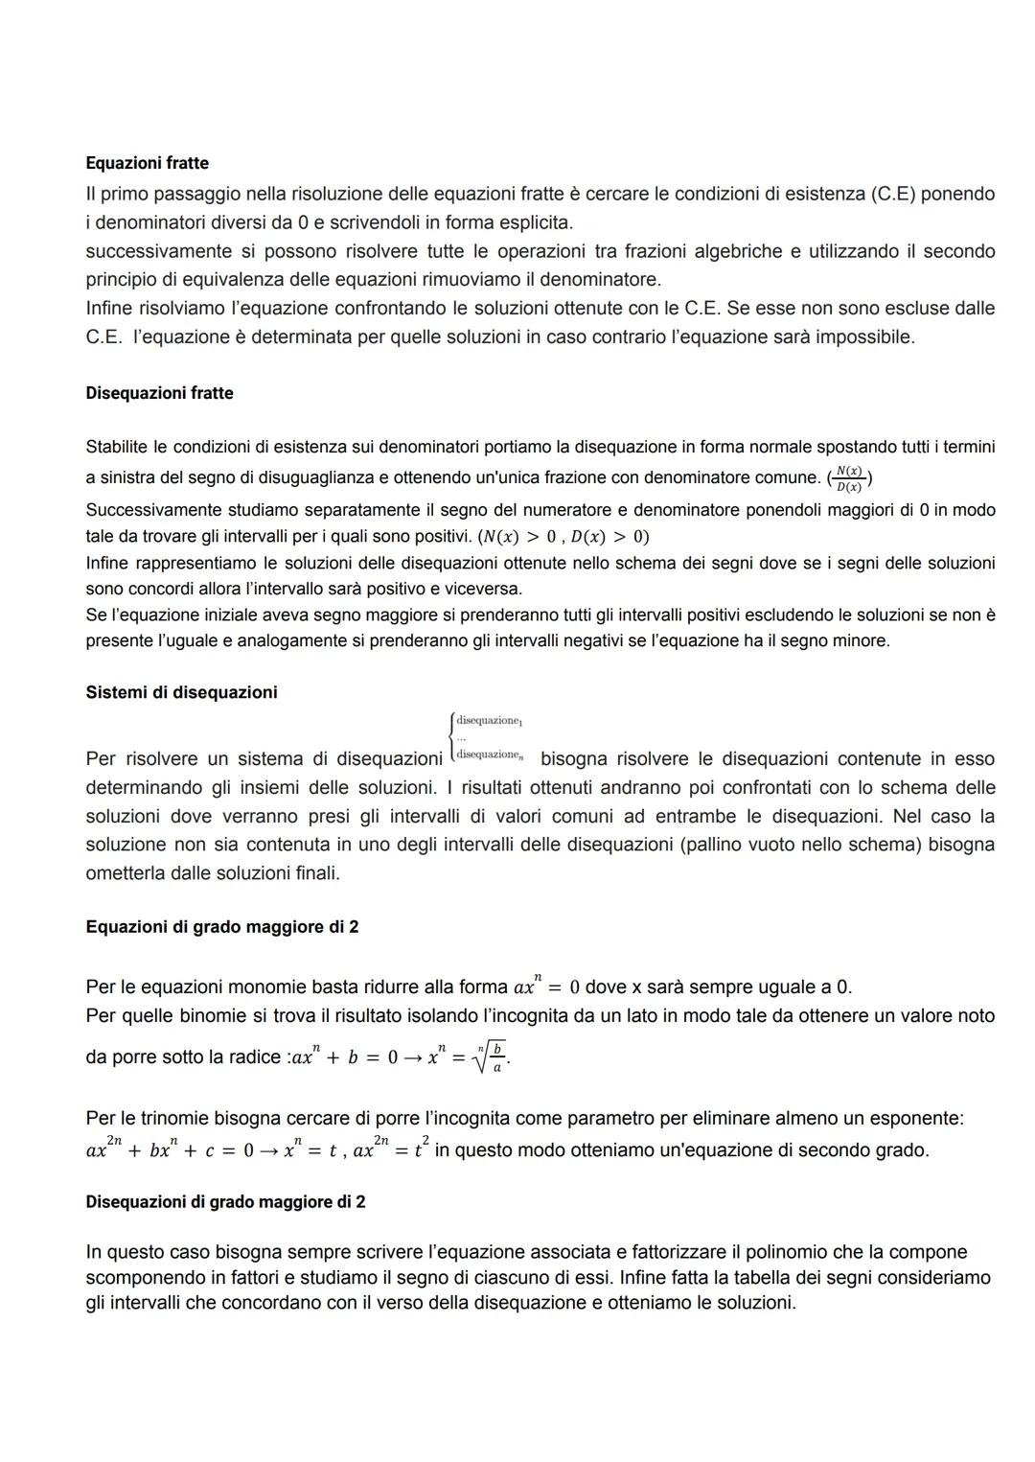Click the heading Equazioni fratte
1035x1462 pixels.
tap(147, 163)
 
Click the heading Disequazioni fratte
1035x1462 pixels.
tap(159, 393)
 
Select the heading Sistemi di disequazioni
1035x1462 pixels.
tap(181, 692)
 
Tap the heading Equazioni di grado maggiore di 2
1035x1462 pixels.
tap(222, 927)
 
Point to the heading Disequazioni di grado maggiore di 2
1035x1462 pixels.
tap(225, 1201)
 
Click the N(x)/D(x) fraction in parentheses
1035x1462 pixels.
tap(849, 477)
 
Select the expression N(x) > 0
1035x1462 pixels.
tap(524, 537)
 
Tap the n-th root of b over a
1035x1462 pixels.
tap(490, 1056)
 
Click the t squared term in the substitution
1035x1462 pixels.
tap(420, 1148)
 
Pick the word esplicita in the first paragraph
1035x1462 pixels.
tap(533, 222)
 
